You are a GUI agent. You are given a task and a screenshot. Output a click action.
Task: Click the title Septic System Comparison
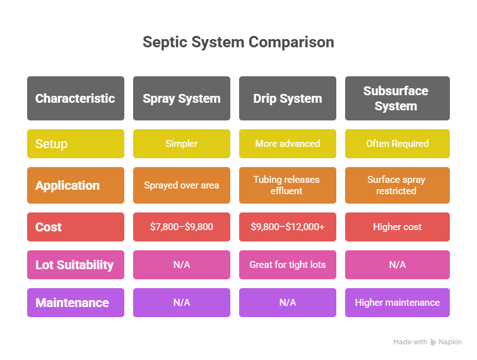[238, 42]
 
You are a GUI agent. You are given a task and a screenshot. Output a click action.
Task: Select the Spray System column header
[182, 98]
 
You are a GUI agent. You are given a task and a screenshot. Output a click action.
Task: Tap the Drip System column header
[288, 98]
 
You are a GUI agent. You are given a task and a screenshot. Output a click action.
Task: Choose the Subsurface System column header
[397, 98]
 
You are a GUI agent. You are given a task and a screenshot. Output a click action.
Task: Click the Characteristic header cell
[76, 98]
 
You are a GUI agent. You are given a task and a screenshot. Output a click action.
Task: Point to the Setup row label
[76, 144]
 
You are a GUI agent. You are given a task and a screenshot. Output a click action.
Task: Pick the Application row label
[76, 185]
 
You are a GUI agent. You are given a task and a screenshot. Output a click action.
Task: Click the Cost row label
[76, 227]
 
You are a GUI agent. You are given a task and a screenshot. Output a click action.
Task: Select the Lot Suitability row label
[76, 265]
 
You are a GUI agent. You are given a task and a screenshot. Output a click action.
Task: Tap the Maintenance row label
[76, 303]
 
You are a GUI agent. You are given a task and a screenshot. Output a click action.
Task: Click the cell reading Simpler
[182, 144]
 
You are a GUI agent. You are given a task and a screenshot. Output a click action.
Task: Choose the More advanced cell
[288, 144]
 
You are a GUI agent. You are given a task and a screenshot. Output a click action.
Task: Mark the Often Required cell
[397, 144]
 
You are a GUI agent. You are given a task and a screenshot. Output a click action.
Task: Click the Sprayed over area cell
[182, 185]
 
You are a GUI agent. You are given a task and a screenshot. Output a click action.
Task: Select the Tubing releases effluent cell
[288, 185]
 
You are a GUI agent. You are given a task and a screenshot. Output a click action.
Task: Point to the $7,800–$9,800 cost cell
[182, 227]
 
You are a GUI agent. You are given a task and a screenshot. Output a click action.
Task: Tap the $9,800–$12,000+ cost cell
[288, 227]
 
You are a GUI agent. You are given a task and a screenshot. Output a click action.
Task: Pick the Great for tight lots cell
[288, 265]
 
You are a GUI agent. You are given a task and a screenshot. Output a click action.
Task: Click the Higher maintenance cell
[397, 303]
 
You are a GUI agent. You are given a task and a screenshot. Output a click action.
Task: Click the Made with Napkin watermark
[427, 342]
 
